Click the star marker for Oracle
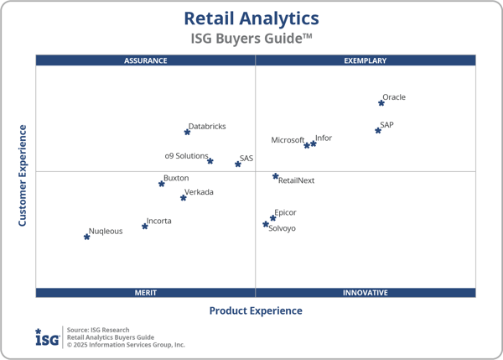pos(381,103)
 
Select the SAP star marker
pos(378,131)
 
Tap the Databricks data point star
pos(188,132)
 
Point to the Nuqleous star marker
pos(86,237)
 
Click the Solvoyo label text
pos(282,228)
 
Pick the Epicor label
pos(286,213)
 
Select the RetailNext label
pos(296,180)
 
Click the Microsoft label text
pos(288,140)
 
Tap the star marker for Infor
pos(314,144)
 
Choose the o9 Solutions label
pos(186,156)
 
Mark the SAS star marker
pos(238,164)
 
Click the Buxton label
pos(176,178)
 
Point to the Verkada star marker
pos(184,198)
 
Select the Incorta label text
pos(159,222)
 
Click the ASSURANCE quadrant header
pos(146,60)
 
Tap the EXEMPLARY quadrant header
pos(366,60)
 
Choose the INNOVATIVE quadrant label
pos(366,293)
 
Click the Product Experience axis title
pos(256,311)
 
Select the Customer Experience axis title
pos(23,175)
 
